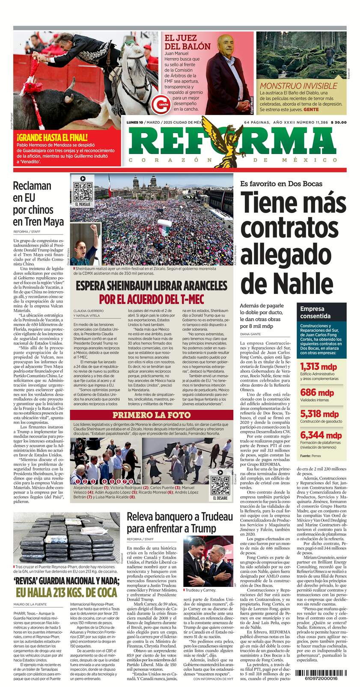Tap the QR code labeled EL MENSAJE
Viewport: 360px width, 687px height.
[83, 192]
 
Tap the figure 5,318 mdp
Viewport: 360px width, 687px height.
[319, 414]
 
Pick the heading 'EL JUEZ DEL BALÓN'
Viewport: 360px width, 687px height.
[187, 42]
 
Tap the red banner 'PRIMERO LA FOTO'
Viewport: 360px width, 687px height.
[152, 415]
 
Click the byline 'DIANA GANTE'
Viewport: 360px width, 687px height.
[250, 334]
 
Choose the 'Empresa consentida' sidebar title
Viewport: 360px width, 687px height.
[315, 312]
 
